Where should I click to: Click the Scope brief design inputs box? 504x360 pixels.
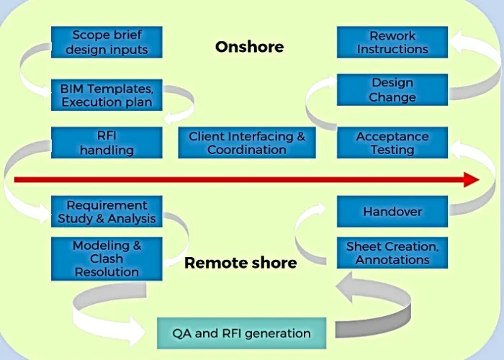107,42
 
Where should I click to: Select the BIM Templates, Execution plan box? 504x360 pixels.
107,95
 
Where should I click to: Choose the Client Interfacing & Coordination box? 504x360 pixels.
247,143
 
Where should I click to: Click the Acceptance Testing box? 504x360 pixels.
392,143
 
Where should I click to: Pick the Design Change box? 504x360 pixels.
392,90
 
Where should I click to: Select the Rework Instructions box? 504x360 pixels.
392,42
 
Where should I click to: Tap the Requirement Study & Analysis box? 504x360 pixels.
107,212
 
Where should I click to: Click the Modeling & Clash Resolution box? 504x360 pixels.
107,258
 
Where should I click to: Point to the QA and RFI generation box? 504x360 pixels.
241,333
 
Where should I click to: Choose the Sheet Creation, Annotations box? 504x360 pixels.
392,253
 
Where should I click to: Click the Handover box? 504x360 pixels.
392,212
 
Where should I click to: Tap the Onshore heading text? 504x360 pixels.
249,47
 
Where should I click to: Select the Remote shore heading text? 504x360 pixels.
240,263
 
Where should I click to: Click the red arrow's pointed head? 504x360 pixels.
472,179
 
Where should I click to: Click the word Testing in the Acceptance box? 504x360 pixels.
392,150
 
